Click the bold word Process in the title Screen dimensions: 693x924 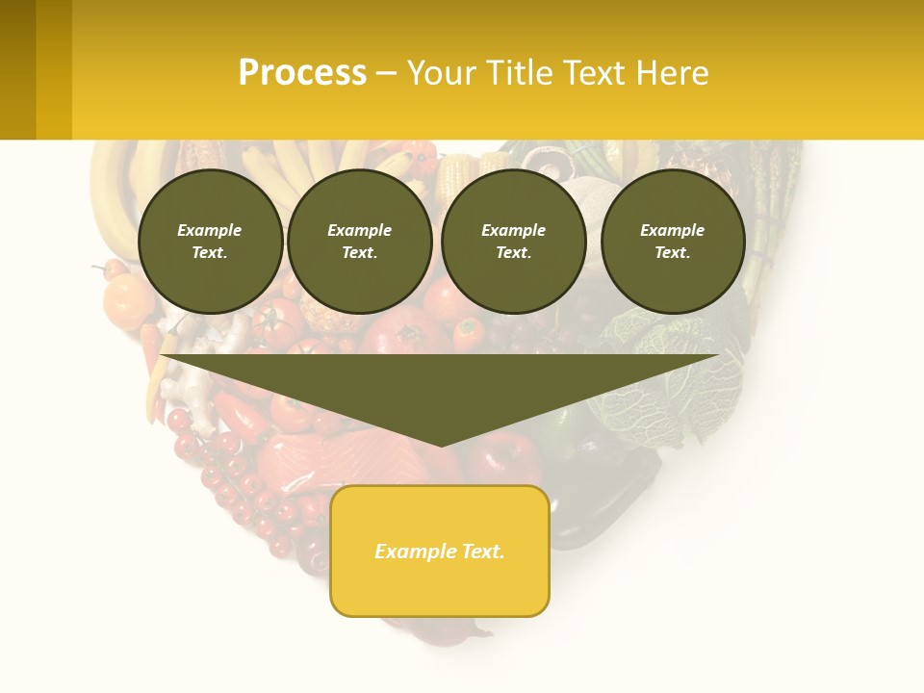point(302,73)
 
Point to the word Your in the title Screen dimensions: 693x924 point(441,73)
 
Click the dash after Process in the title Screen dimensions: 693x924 point(386,74)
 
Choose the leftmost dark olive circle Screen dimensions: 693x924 point(210,242)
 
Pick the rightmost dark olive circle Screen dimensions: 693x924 point(673,242)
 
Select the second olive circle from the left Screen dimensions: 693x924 point(359,242)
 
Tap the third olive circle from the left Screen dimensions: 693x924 point(514,242)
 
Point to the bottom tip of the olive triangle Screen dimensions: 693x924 point(441,445)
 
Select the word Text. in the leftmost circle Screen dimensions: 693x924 point(210,253)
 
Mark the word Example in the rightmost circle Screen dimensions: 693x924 point(673,230)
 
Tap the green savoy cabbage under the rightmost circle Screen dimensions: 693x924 point(664,385)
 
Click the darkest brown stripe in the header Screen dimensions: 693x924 point(17,69)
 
